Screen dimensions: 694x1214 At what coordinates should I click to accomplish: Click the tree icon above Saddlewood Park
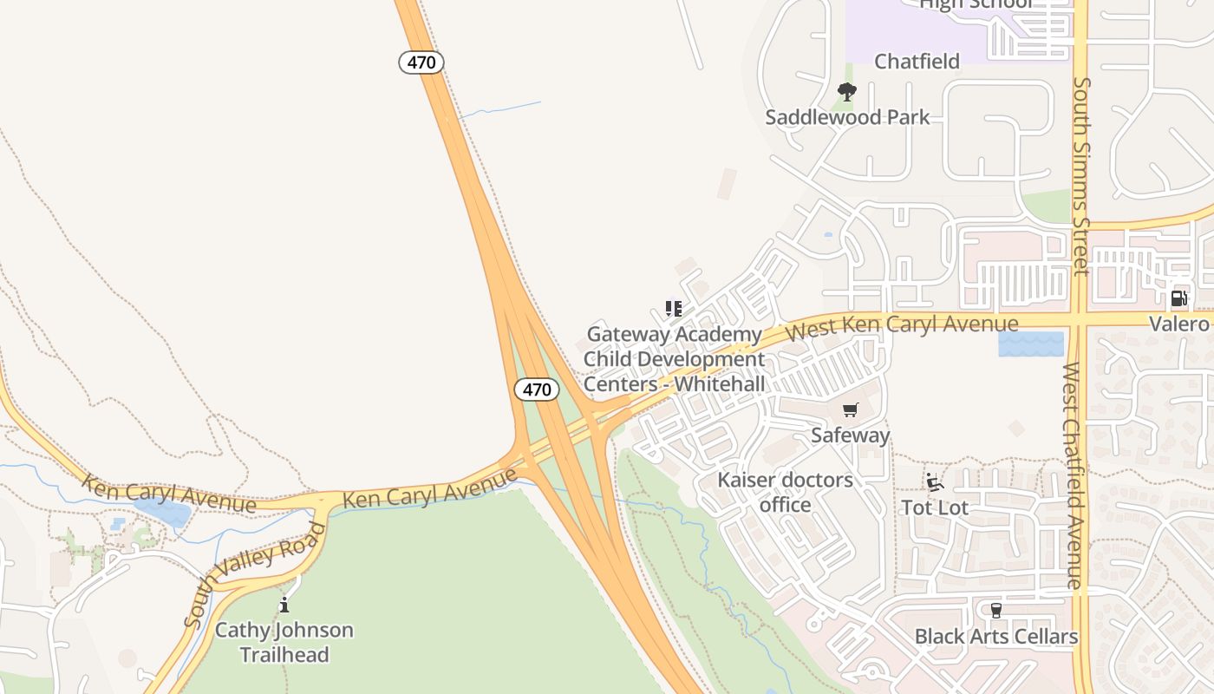coord(847,91)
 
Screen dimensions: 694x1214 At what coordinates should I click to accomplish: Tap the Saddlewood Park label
coord(847,117)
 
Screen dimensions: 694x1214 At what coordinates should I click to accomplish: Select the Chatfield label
coord(917,62)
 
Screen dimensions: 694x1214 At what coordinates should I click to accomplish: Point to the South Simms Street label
coord(1080,176)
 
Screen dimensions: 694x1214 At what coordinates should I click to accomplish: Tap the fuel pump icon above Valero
coord(1178,298)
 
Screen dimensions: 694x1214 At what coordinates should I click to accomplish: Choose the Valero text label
coord(1178,324)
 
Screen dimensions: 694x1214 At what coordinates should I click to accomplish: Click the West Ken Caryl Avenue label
coord(901,327)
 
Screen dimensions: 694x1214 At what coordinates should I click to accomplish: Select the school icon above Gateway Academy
coord(674,309)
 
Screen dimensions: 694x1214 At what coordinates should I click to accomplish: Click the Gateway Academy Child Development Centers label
coord(674,359)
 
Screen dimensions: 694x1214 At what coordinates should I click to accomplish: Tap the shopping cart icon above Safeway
coord(850,409)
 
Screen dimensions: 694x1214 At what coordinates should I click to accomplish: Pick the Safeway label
coord(850,435)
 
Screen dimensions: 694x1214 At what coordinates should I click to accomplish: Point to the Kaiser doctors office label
coord(785,492)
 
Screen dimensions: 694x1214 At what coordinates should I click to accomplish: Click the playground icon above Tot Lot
coord(934,482)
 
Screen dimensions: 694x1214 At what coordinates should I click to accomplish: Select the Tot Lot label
coord(934,507)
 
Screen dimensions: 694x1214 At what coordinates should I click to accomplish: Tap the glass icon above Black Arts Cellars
coord(995,611)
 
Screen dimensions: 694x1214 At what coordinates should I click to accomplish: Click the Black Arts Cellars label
coord(995,637)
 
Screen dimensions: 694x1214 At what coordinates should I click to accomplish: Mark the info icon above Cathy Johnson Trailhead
coord(284,605)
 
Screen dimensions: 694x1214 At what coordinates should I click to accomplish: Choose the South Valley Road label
coord(256,574)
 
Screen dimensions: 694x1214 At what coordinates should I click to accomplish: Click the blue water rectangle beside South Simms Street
coord(1030,344)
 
